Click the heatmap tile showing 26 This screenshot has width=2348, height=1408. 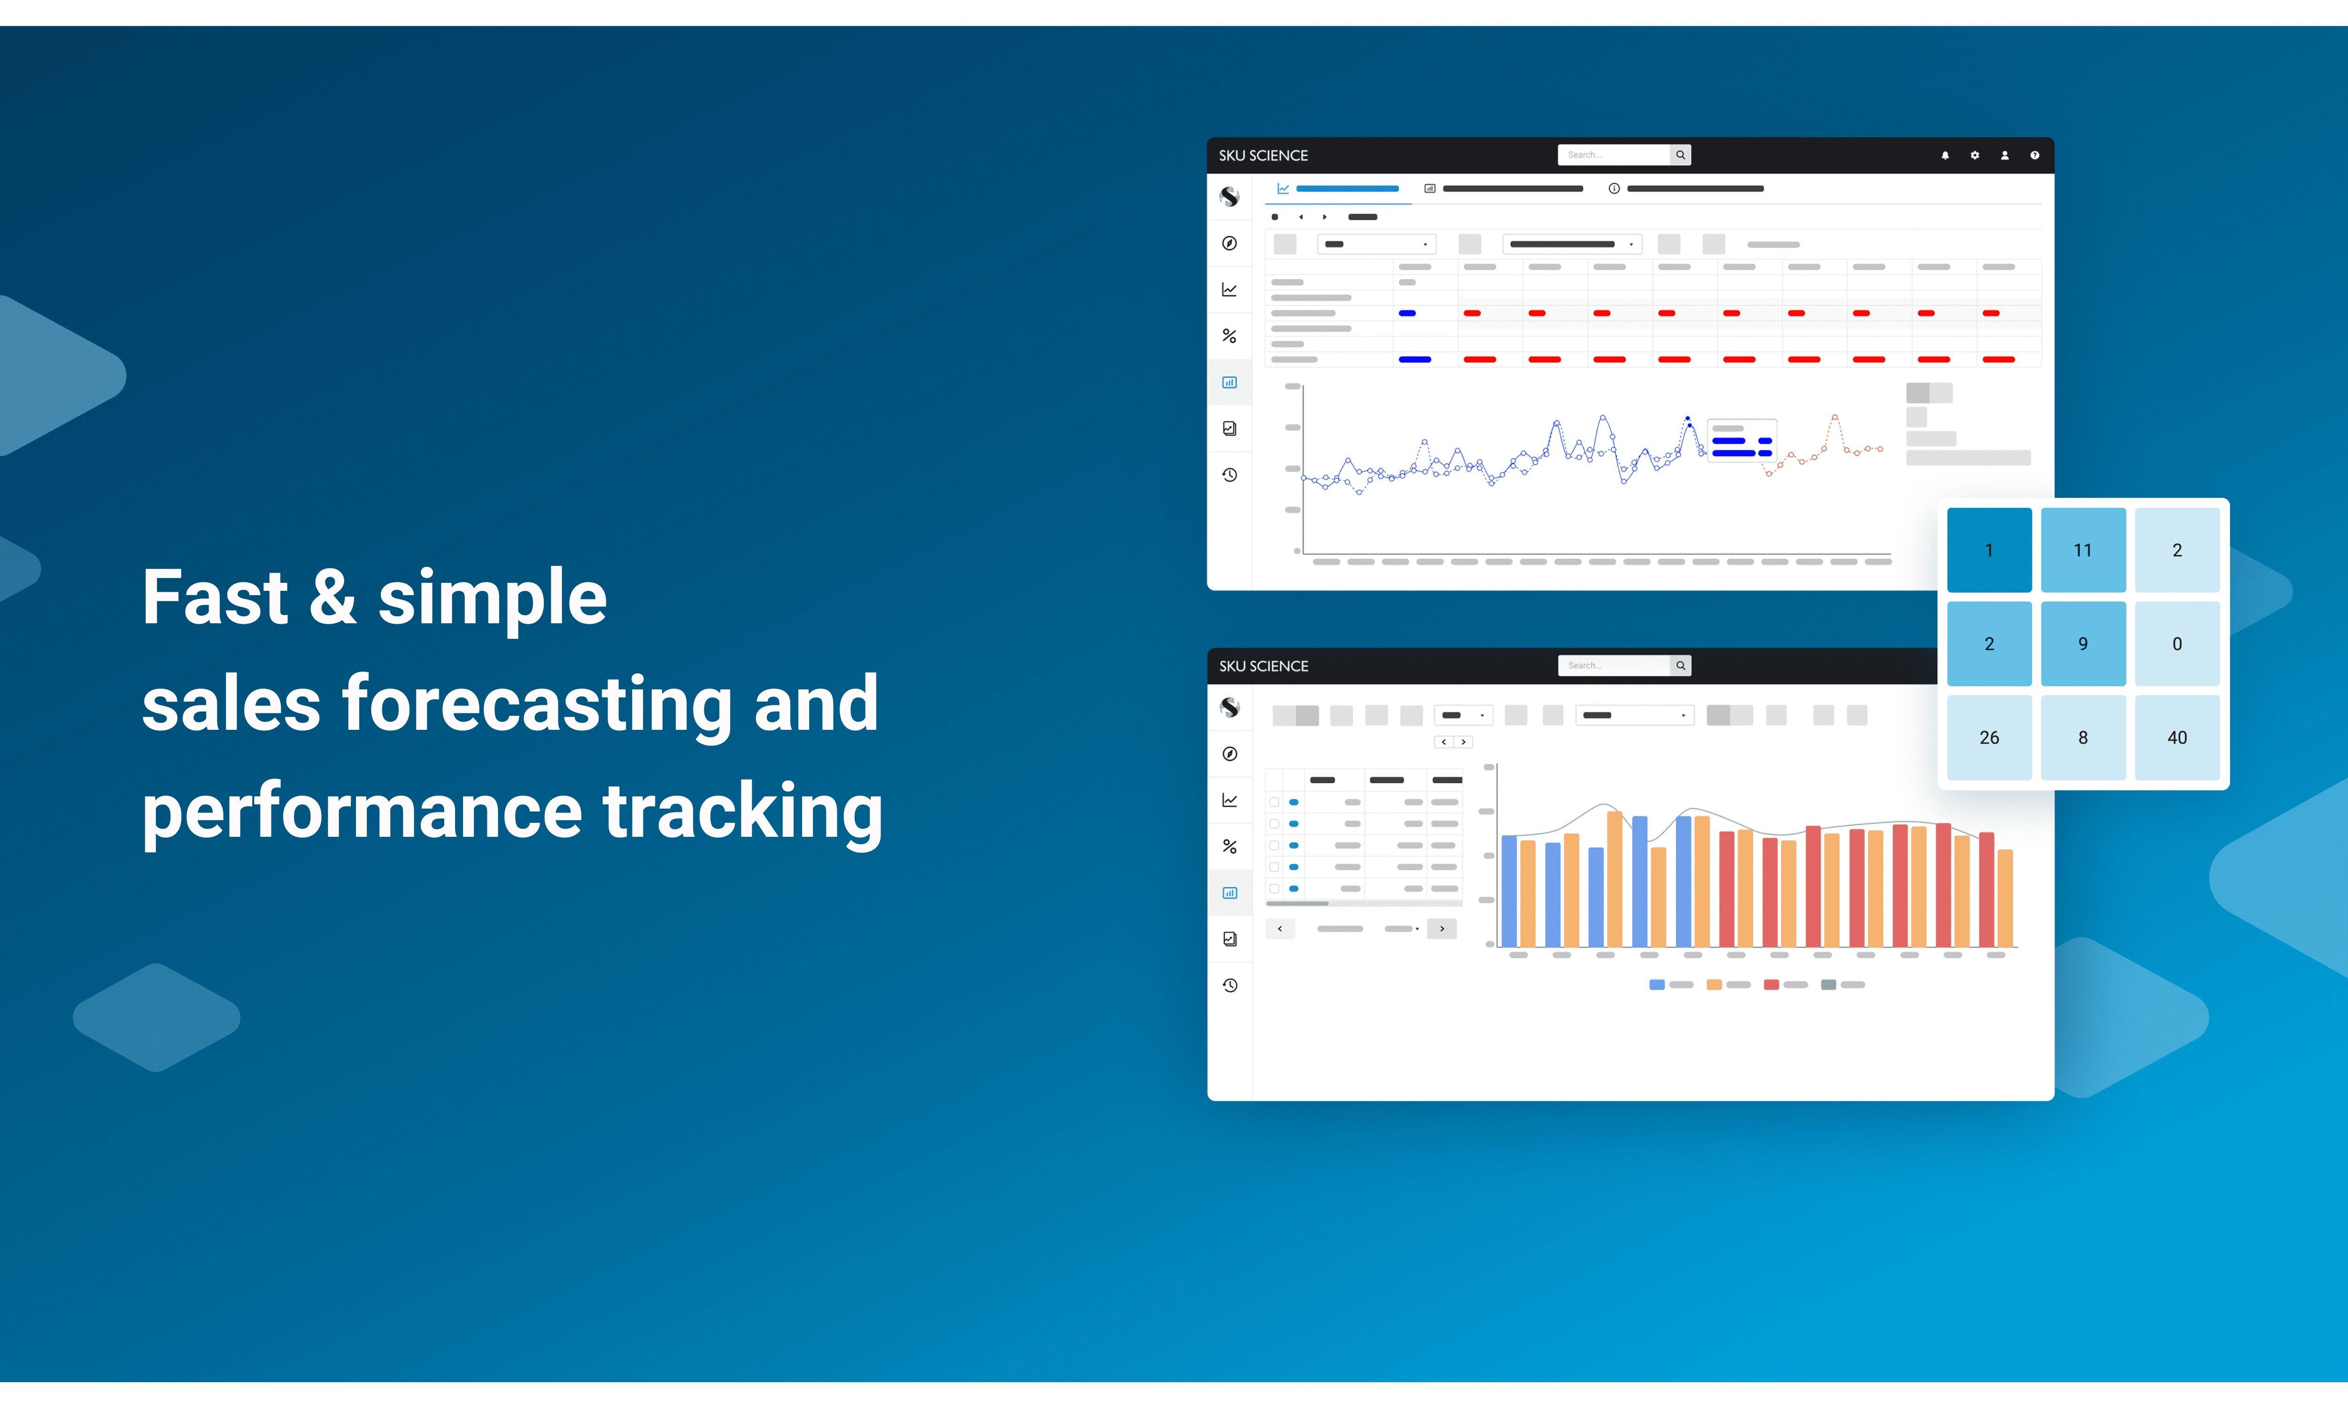point(1989,737)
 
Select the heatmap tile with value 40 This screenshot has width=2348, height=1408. point(2177,737)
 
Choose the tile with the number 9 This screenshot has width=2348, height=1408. point(2083,643)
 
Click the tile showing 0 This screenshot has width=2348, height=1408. point(2177,643)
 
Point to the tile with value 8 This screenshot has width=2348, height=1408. point(2083,737)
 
